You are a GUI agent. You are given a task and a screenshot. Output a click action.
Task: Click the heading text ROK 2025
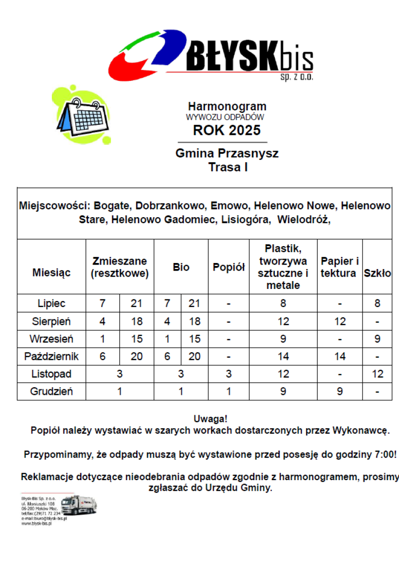click(227, 131)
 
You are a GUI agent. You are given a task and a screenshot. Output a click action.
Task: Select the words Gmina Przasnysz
click(227, 153)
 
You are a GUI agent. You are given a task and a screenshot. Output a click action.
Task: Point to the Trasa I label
click(228, 167)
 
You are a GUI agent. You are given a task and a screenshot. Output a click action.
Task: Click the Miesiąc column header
click(51, 273)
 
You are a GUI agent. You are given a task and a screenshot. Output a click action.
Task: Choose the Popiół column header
click(228, 267)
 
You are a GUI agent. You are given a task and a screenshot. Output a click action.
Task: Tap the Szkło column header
click(377, 273)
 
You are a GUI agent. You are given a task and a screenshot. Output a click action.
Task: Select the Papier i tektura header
click(339, 267)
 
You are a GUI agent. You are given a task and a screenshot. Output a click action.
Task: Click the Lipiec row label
click(51, 303)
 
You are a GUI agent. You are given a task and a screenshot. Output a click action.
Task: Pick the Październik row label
click(51, 356)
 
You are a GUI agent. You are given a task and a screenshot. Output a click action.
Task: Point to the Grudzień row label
click(51, 391)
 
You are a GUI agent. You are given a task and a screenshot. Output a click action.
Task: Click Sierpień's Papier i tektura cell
click(340, 321)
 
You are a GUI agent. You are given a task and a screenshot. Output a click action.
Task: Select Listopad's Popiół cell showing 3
click(228, 374)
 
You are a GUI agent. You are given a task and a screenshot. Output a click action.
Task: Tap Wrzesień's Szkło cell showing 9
click(377, 339)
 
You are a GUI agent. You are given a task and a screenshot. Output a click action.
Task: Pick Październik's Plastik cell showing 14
click(283, 356)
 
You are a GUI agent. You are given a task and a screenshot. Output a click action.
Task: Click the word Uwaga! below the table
click(210, 419)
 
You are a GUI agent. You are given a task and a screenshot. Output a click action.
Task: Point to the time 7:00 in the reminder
click(385, 455)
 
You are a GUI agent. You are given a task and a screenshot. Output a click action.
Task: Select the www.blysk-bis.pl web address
click(36, 524)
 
